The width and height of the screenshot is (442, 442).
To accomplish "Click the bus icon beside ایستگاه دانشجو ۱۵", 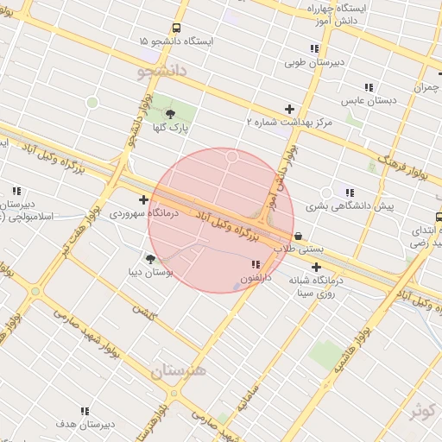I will (x=176, y=28).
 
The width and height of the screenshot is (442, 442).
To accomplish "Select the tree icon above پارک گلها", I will (x=169, y=112).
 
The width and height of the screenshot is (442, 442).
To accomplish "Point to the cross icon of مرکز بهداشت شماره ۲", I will (x=289, y=109).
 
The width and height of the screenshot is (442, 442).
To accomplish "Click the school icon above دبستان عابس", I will (x=369, y=87).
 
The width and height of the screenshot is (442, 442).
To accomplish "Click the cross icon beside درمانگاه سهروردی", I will (x=143, y=200).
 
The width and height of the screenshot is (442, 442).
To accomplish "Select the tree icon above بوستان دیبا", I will (x=151, y=258).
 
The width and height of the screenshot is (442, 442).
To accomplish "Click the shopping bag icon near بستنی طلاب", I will (x=298, y=236).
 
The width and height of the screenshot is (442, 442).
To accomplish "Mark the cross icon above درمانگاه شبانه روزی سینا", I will (x=316, y=267).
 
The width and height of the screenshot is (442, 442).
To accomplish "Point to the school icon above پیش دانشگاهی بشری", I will (x=349, y=193).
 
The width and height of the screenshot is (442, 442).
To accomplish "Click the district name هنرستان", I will (x=179, y=371).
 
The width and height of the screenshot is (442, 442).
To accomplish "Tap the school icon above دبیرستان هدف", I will (x=85, y=411).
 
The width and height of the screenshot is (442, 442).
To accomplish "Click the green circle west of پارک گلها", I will (x=92, y=103).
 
